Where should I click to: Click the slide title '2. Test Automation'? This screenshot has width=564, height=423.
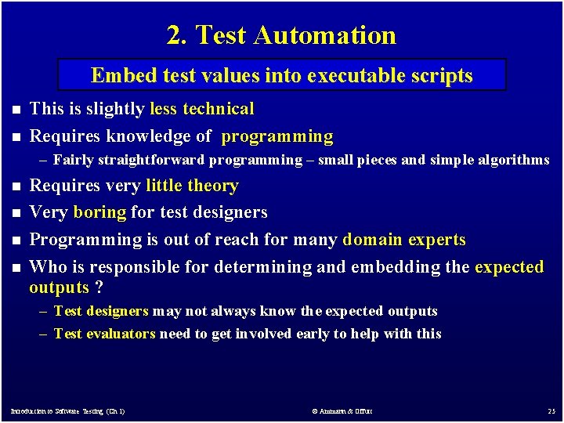(281, 35)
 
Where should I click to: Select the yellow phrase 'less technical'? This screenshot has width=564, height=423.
(202, 109)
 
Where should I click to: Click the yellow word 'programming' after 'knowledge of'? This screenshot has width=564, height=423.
(277, 136)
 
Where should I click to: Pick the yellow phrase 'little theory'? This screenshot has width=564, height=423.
(192, 186)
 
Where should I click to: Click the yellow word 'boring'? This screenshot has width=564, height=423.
(99, 212)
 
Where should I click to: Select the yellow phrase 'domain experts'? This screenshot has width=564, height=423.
(404, 240)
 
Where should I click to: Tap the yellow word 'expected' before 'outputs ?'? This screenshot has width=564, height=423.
(509, 267)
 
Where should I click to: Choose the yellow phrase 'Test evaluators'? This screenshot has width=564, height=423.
(104, 334)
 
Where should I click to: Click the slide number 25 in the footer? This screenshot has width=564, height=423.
(551, 411)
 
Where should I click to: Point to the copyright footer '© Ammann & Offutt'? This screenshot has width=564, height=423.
(342, 411)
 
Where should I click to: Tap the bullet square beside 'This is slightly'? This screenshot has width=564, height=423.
(14, 110)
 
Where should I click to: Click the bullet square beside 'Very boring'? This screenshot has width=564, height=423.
(14, 213)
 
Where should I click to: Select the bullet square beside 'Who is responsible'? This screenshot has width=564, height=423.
(14, 268)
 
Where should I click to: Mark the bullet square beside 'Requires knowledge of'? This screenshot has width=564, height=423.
(14, 137)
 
